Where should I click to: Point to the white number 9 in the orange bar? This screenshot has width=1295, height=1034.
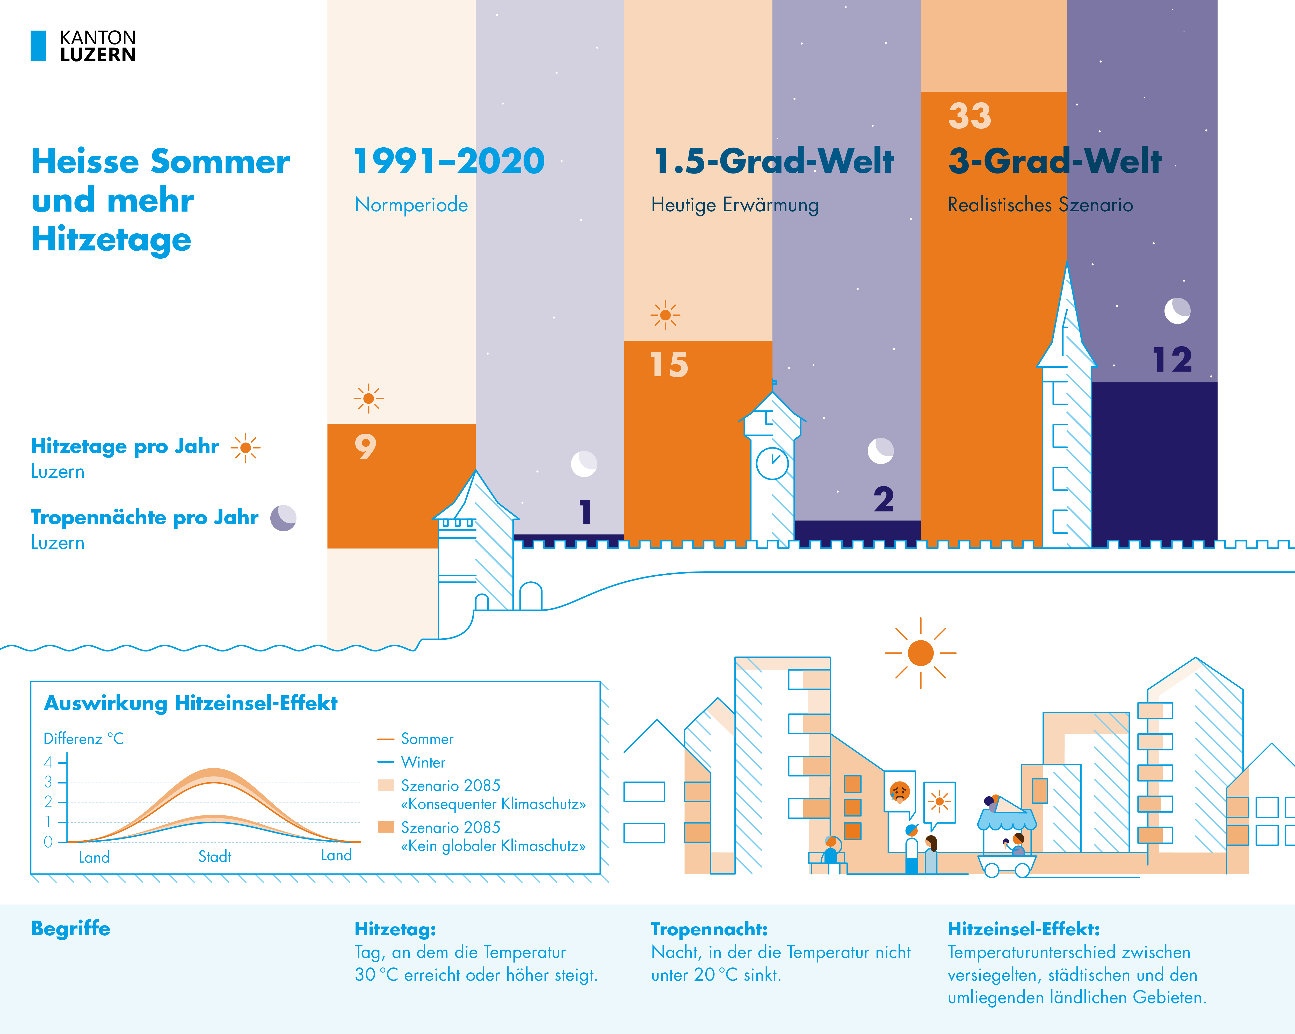[365, 446]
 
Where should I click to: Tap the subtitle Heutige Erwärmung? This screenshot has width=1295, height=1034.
[735, 205]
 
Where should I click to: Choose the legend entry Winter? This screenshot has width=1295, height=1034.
[423, 762]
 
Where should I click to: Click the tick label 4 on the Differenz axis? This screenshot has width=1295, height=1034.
[48, 762]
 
